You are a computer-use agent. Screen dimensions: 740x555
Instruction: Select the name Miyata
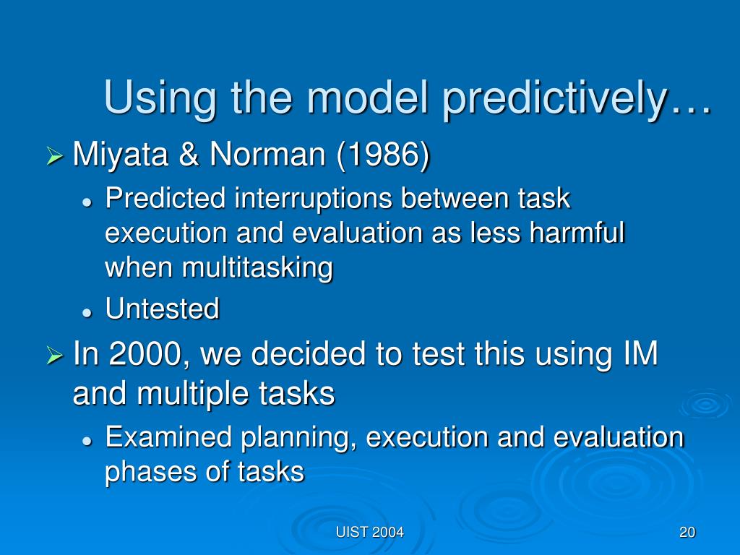click(x=121, y=155)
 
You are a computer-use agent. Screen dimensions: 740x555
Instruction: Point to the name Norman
click(x=267, y=154)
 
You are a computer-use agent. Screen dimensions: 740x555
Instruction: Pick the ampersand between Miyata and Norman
click(x=189, y=155)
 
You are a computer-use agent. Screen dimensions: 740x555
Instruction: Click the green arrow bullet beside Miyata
click(x=55, y=156)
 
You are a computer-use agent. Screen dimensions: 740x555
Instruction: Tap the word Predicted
click(x=165, y=197)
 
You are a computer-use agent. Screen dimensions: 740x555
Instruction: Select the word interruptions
click(x=313, y=198)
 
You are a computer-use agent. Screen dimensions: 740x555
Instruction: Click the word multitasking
click(x=257, y=268)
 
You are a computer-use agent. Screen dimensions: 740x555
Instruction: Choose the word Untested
click(x=163, y=309)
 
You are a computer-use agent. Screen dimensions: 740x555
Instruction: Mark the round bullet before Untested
click(x=87, y=312)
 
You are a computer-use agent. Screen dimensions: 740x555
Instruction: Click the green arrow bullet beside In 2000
click(x=55, y=356)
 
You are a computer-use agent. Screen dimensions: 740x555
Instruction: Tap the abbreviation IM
click(x=640, y=353)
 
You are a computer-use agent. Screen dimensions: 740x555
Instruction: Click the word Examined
click(x=168, y=436)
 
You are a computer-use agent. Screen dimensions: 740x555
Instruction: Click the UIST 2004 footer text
click(x=369, y=533)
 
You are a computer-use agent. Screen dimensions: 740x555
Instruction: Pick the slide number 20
click(x=687, y=533)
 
